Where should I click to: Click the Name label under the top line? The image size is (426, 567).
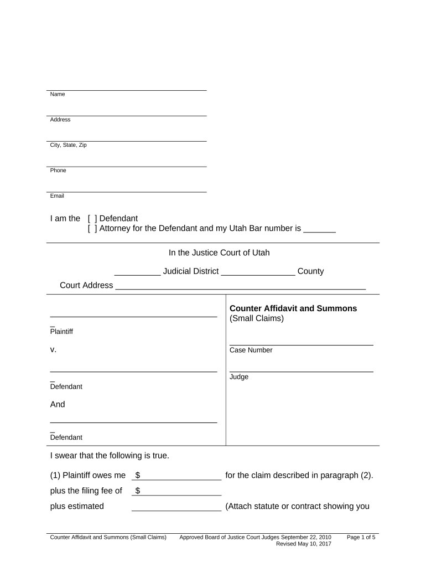point(58,94)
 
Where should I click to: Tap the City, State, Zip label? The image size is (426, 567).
point(68,145)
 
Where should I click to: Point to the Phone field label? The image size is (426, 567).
point(58,171)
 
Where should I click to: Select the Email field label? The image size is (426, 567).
point(57,196)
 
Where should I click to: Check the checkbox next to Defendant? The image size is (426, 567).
point(92,219)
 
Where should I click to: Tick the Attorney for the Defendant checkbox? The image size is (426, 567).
point(92,229)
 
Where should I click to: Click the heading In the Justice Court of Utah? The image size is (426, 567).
point(219,253)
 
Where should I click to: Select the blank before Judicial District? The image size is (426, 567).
point(137,272)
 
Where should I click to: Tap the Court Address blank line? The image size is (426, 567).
point(240,286)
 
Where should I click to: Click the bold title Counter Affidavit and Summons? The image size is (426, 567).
point(293,308)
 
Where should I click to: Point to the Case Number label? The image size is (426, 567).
point(251,350)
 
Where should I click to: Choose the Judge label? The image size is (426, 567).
point(239,377)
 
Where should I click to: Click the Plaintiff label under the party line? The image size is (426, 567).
point(61,332)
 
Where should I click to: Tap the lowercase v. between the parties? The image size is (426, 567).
point(53,350)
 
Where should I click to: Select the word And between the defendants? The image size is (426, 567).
point(58,404)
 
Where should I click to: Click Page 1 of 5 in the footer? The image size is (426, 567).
point(361,537)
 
